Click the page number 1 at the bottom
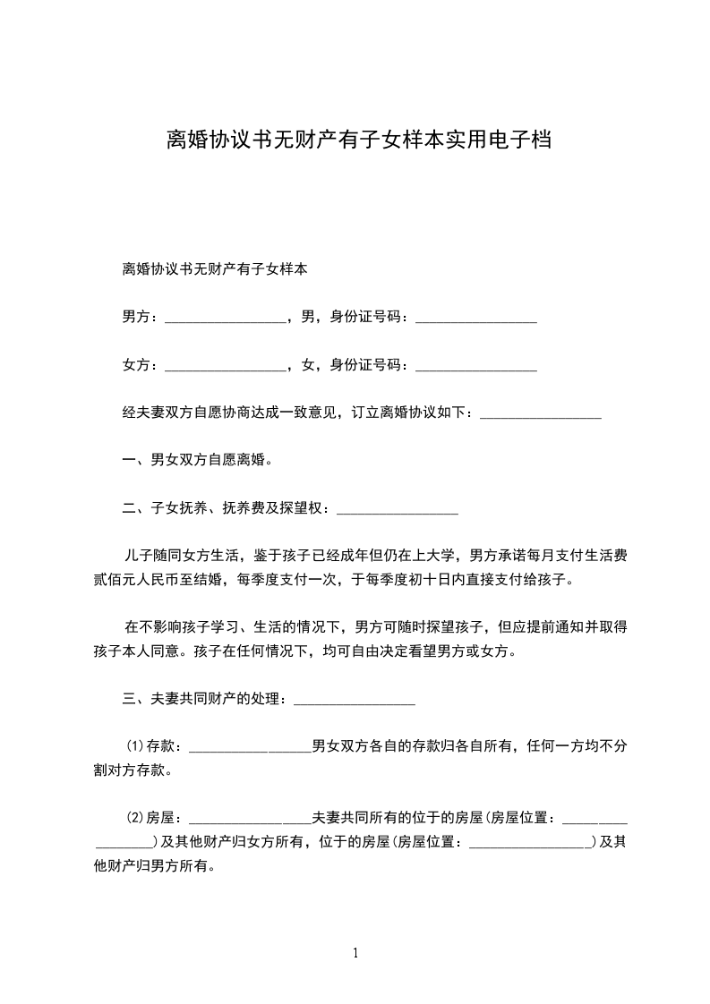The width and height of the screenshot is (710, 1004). [355, 952]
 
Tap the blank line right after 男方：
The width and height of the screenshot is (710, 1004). [226, 318]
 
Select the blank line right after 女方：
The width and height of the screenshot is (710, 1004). [226, 366]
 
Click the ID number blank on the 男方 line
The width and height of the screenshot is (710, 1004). [476, 318]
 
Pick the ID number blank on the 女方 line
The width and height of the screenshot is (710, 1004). [476, 366]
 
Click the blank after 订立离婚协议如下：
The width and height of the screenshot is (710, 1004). [541, 414]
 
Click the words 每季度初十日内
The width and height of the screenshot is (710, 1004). [403, 580]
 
